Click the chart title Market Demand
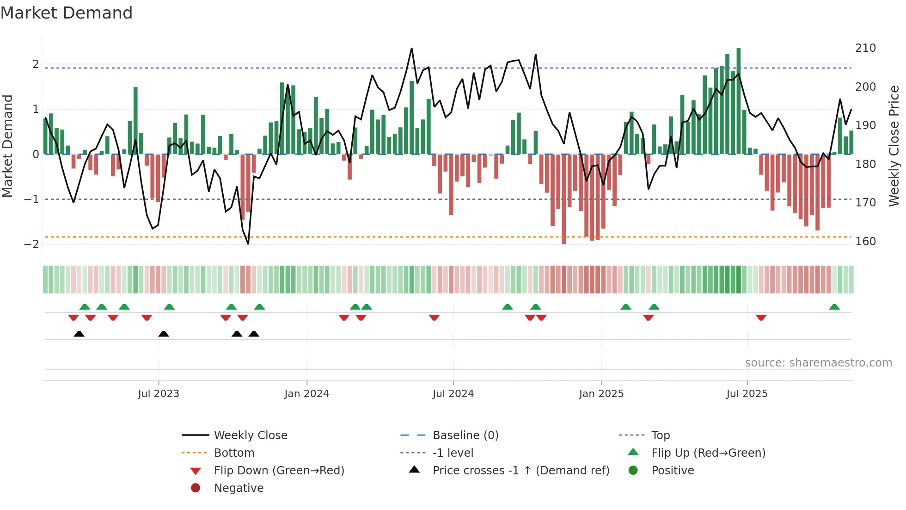click(67, 13)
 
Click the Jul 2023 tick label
click(158, 394)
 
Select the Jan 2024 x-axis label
click(306, 394)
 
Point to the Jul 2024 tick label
click(453, 394)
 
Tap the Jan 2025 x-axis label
click(601, 394)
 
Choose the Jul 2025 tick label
click(747, 394)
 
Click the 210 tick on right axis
click(865, 48)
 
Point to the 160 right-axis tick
click(865, 242)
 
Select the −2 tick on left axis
click(32, 244)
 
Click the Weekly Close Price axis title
click(894, 146)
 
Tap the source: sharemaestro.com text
click(818, 363)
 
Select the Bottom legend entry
click(234, 453)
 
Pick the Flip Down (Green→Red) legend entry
click(279, 471)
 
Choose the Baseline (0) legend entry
click(465, 435)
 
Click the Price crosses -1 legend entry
click(520, 471)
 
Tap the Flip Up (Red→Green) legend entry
click(708, 453)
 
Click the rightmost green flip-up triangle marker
click(834, 307)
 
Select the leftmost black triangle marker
click(79, 334)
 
